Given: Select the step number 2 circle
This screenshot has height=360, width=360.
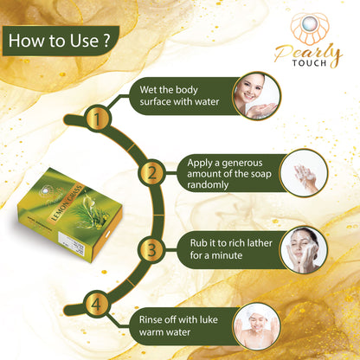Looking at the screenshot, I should click(152, 174).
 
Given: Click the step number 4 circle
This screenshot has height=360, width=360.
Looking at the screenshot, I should click(97, 305).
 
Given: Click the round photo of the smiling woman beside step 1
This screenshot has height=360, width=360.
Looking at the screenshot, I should click(256, 95).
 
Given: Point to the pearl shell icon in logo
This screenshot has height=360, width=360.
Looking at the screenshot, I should click(306, 26).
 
